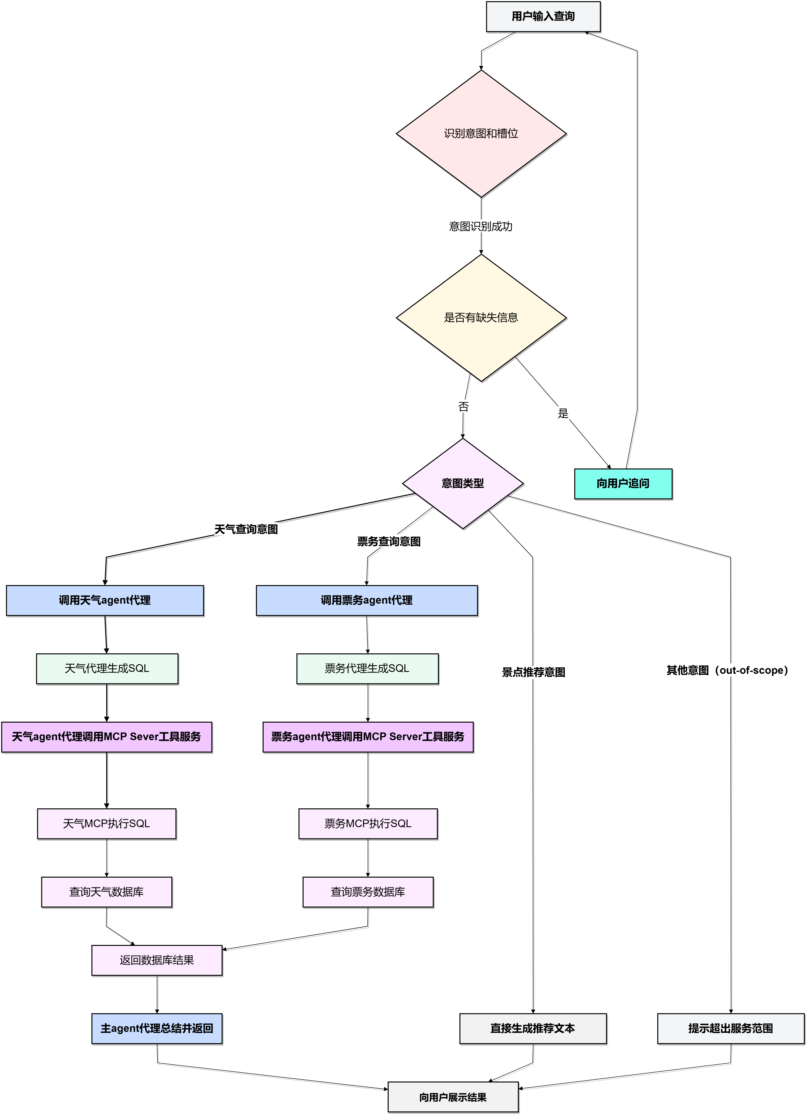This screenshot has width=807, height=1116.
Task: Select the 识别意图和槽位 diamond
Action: click(x=481, y=133)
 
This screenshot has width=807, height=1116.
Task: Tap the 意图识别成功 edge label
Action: click(x=481, y=226)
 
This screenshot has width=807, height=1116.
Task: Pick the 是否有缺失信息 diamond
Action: click(x=481, y=317)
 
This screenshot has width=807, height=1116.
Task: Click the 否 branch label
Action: click(x=464, y=406)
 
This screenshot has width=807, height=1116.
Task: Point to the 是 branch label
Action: click(x=563, y=413)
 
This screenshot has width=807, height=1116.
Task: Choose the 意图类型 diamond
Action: click(x=463, y=483)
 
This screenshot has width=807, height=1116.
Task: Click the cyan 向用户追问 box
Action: click(x=623, y=484)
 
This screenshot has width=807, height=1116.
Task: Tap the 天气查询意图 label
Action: click(x=247, y=529)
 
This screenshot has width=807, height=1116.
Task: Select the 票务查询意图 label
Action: click(x=389, y=541)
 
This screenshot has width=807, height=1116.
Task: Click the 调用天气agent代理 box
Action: click(x=105, y=600)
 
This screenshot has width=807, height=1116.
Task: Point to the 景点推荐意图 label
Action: click(x=534, y=672)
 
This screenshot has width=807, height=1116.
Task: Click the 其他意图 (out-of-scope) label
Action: click(x=730, y=670)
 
